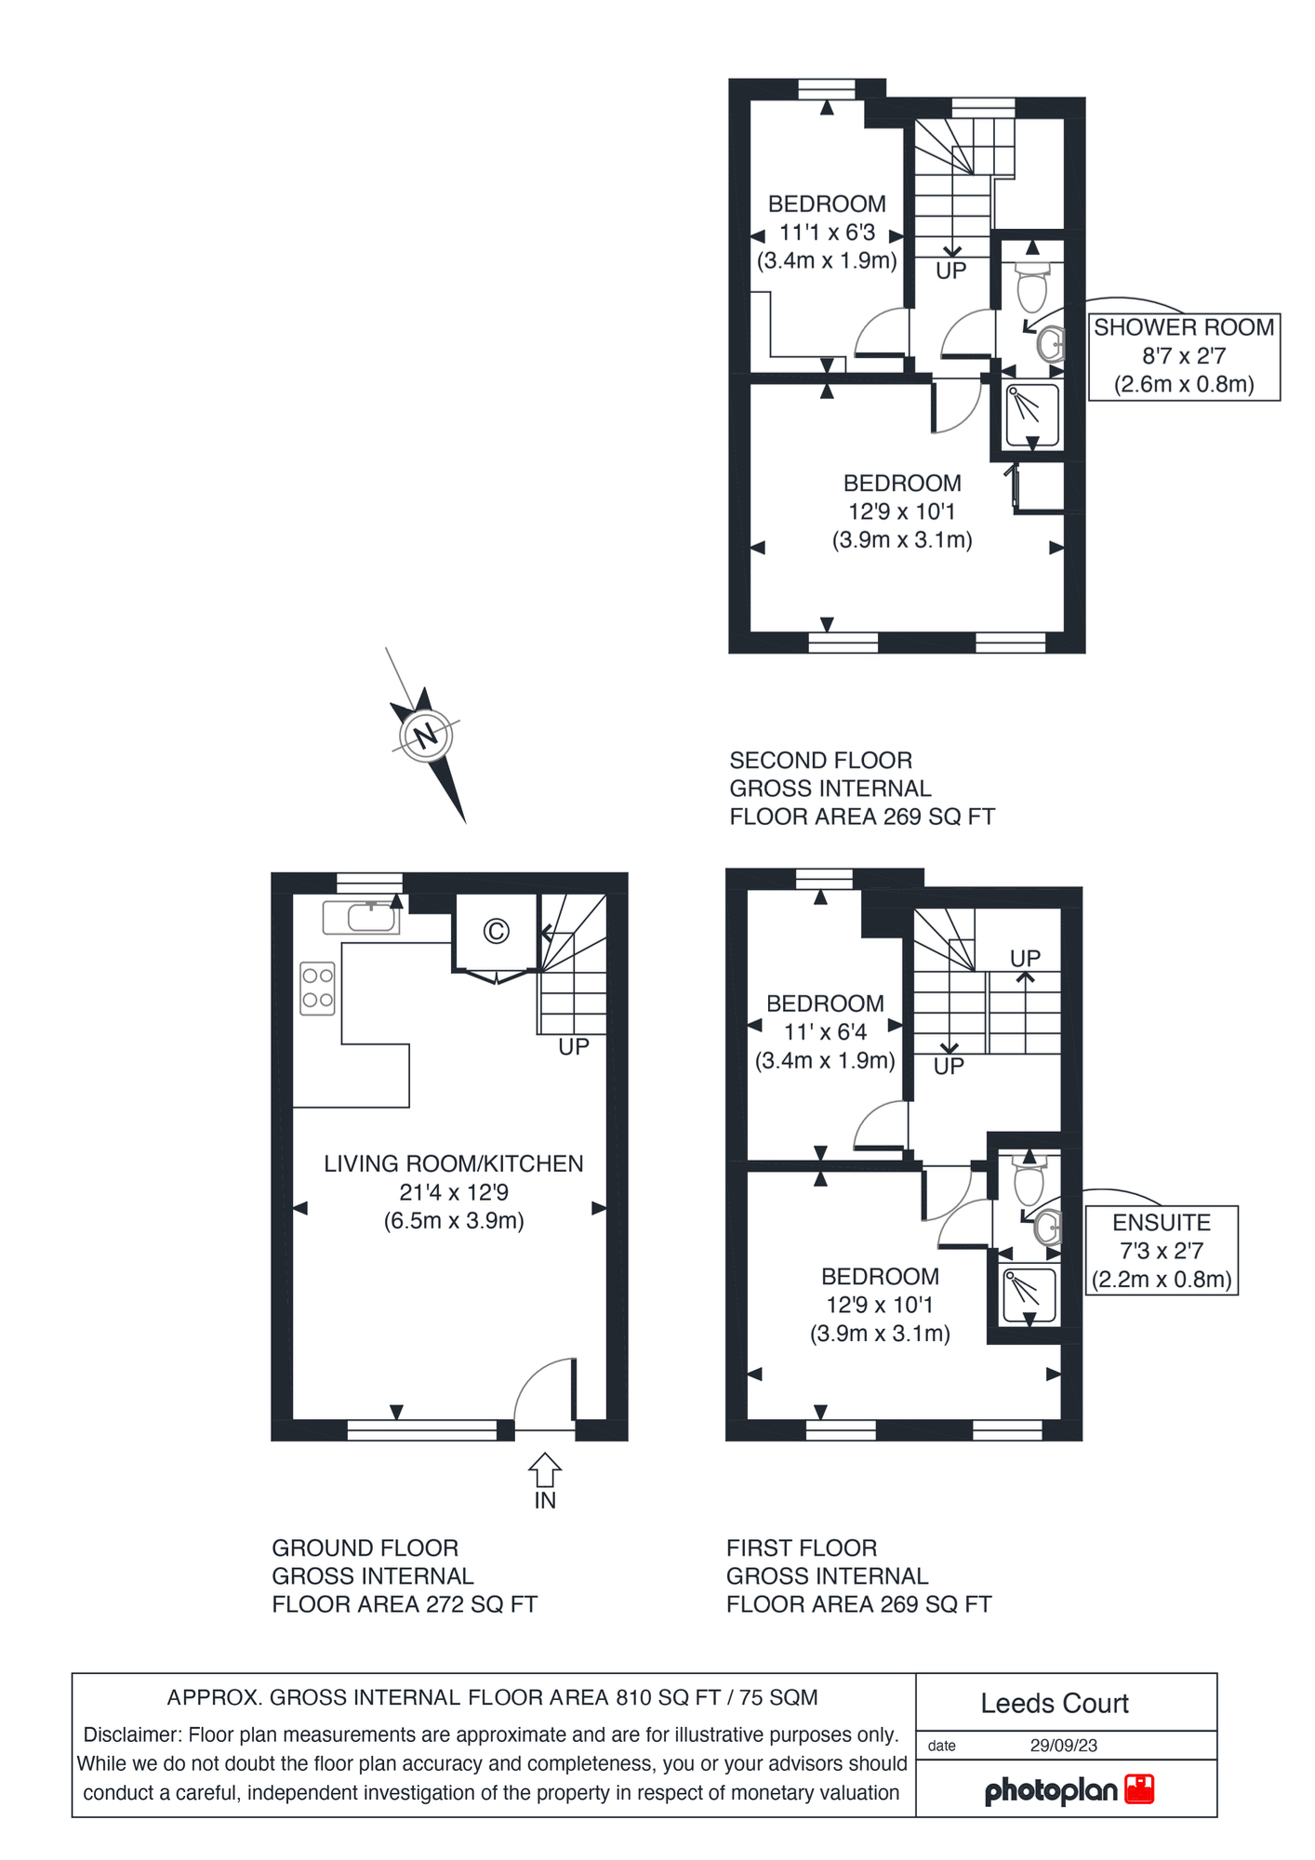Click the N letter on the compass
[426, 736]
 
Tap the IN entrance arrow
[545, 1470]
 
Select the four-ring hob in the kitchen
[318, 988]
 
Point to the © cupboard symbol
[497, 931]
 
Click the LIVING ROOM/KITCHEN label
[453, 1163]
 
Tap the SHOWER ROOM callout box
[1184, 356]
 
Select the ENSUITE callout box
[1162, 1250]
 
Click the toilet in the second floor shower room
[1032, 286]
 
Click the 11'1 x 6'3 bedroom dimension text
[827, 232]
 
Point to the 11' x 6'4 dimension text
[825, 1031]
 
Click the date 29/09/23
[1063, 1746]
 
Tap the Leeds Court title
[1055, 1704]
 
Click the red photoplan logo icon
[1139, 1789]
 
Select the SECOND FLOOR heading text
[820, 760]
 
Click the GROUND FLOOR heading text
[365, 1548]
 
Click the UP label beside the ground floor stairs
[574, 1046]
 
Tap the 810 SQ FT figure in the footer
[668, 1697]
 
